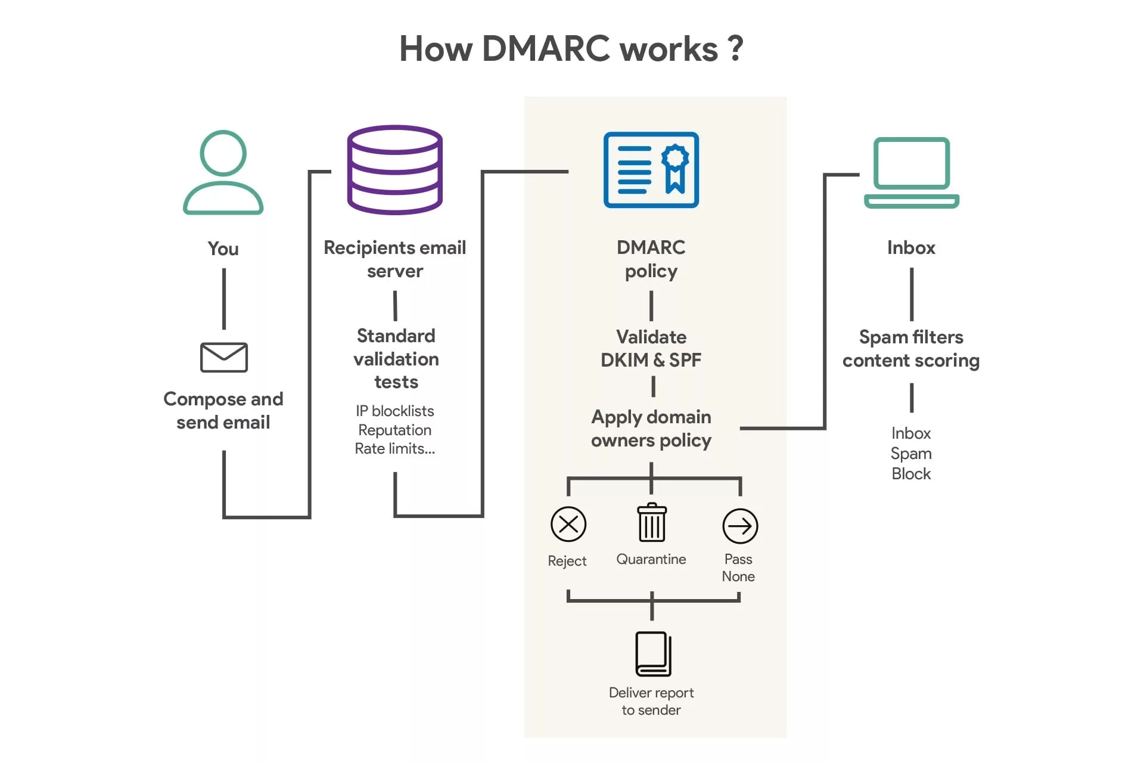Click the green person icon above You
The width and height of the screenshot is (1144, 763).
click(223, 172)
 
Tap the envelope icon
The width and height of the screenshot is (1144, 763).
click(223, 357)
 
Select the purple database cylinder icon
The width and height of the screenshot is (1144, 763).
click(394, 170)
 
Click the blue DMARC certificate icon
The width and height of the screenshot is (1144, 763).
click(651, 170)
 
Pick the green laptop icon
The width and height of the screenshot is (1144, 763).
click(911, 173)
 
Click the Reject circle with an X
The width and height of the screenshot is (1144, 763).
click(568, 525)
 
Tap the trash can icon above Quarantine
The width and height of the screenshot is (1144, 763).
click(651, 523)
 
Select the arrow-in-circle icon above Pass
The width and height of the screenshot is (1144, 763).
click(739, 526)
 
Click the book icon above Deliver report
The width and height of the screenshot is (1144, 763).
click(652, 654)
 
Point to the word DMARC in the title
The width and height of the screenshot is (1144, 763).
click(545, 49)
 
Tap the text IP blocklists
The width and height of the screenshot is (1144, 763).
click(394, 411)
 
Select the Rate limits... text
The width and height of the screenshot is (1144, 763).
click(394, 449)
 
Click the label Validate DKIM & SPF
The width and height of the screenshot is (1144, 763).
click(651, 349)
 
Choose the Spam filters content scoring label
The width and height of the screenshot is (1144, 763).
click(910, 349)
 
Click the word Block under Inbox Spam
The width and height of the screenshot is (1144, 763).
click(910, 474)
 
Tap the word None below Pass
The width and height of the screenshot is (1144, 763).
click(738, 576)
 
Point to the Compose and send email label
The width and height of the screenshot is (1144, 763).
click(223, 411)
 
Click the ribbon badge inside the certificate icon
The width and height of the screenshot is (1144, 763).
click(674, 167)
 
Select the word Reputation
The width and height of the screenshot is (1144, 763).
click(394, 430)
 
